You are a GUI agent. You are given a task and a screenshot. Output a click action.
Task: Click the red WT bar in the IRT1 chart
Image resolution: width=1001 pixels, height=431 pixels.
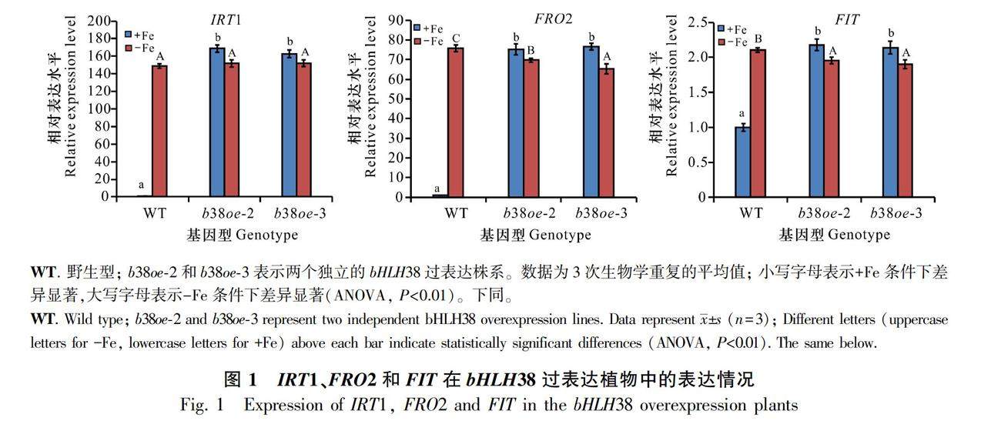[159, 131]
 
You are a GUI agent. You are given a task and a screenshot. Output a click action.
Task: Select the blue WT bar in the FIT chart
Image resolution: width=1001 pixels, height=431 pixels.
[742, 162]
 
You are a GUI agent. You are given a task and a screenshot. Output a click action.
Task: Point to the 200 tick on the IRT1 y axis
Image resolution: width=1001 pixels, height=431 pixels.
[103, 20]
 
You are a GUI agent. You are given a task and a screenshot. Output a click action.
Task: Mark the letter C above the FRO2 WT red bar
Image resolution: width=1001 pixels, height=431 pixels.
[456, 38]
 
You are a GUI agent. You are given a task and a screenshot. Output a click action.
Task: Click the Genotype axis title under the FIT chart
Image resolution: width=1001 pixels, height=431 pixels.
[854, 234]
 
